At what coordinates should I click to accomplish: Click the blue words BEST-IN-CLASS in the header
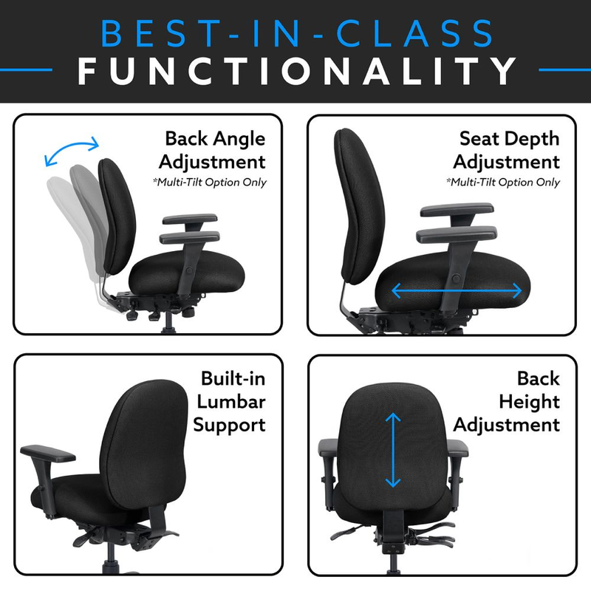pyautogui.click(x=297, y=33)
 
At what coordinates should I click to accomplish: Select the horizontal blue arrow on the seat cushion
pyautogui.click(x=457, y=290)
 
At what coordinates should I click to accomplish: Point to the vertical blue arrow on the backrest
pyautogui.click(x=393, y=450)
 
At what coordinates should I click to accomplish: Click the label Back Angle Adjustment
pyautogui.click(x=212, y=150)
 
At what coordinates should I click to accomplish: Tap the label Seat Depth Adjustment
pyautogui.click(x=506, y=150)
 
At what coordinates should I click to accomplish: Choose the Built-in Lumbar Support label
pyautogui.click(x=230, y=402)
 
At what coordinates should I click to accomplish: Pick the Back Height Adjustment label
pyautogui.click(x=507, y=402)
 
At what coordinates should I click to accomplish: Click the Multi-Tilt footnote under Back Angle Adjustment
pyautogui.click(x=210, y=182)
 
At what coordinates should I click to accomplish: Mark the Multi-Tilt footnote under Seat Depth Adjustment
pyautogui.click(x=503, y=182)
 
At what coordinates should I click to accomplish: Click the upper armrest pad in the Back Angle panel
pyautogui.click(x=190, y=219)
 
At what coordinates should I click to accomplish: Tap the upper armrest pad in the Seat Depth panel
pyautogui.click(x=457, y=209)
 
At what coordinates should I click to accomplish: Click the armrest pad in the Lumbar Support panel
pyautogui.click(x=48, y=454)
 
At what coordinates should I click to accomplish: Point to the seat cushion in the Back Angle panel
pyautogui.click(x=187, y=273)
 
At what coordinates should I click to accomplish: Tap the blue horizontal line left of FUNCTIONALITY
pyautogui.click(x=26, y=69)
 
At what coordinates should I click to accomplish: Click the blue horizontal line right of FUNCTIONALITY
pyautogui.click(x=565, y=69)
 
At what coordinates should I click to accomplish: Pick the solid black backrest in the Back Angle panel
pyautogui.click(x=117, y=216)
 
